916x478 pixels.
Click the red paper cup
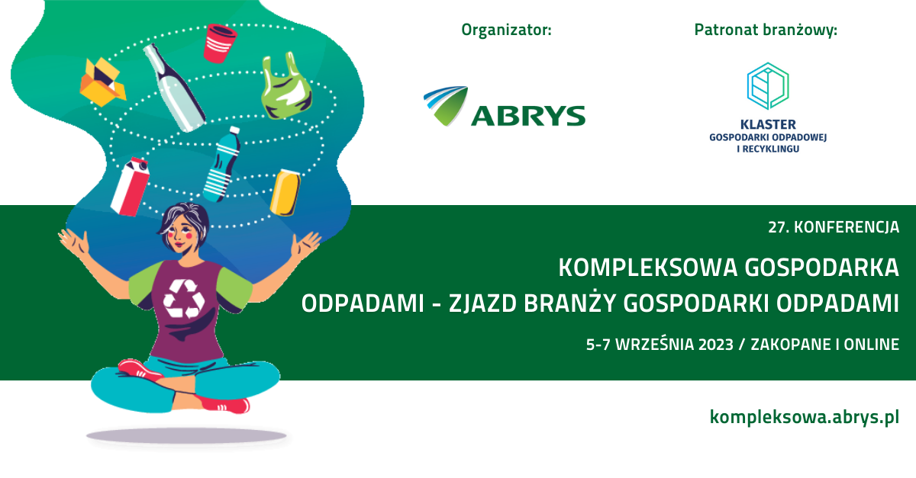(220, 43)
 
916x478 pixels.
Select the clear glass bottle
(174, 88)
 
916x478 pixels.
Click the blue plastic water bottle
(222, 165)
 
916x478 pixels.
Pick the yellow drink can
(285, 193)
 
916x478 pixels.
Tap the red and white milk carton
(130, 187)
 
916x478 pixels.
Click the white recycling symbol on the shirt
(184, 299)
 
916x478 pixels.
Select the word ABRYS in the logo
(528, 116)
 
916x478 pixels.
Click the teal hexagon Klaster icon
(768, 86)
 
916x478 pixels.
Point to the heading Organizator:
(506, 30)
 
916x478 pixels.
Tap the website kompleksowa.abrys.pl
(805, 417)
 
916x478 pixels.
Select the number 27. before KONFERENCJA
(779, 227)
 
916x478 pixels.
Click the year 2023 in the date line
(716, 345)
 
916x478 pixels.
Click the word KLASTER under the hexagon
(768, 124)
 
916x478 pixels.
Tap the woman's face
(181, 236)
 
